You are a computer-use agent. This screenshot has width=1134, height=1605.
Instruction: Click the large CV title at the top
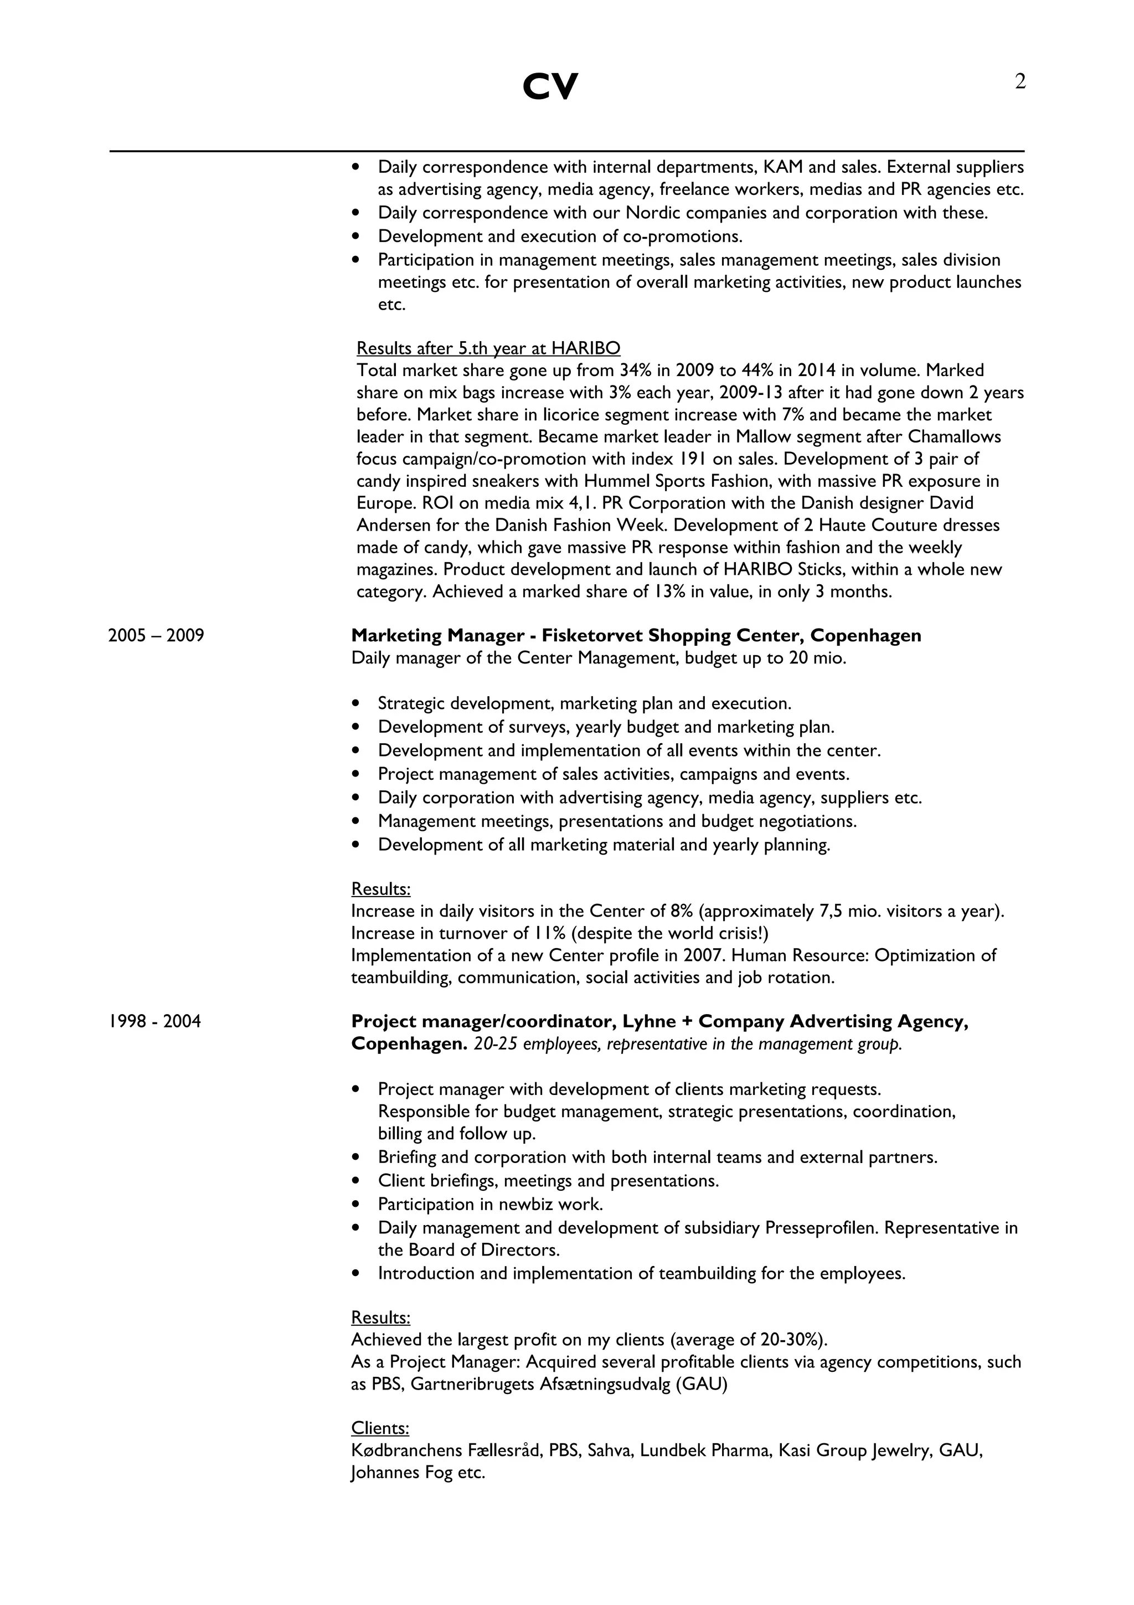550,88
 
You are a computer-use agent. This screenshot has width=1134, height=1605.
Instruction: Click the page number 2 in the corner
1020,83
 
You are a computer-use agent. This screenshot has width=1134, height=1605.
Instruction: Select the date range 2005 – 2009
156,635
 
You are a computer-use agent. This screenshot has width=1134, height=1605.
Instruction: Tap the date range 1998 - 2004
154,1021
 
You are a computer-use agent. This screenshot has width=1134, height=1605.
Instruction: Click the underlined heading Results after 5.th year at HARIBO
488,348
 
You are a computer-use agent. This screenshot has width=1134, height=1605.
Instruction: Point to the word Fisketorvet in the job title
592,635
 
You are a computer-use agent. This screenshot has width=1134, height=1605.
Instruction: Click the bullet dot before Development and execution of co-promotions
357,236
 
